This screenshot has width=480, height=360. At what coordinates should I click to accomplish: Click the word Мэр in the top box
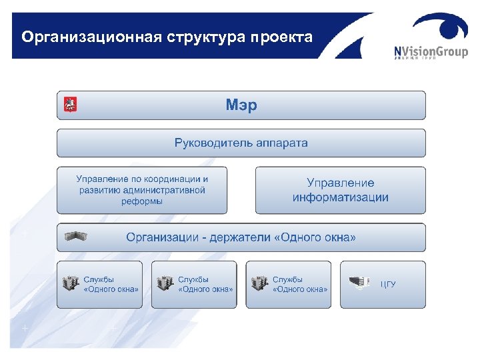[x=241, y=105]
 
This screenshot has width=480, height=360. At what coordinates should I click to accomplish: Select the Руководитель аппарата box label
[x=241, y=143]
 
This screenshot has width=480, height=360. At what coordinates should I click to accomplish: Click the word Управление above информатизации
[x=340, y=183]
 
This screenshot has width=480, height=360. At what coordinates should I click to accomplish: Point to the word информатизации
[x=340, y=197]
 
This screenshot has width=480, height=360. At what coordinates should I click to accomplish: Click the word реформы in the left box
[x=141, y=201]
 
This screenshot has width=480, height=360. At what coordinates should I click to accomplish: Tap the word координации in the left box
[x=167, y=179]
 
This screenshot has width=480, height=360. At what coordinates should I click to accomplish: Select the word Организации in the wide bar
[x=163, y=237]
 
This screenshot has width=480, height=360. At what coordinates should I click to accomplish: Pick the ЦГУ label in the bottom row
[x=388, y=285]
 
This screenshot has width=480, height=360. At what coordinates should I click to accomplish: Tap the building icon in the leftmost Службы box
[x=70, y=285]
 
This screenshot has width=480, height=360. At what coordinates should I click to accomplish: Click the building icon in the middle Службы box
[x=164, y=285]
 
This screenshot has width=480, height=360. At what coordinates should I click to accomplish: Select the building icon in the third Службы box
[x=259, y=285]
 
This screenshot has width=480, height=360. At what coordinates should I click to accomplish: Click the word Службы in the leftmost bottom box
[x=99, y=279]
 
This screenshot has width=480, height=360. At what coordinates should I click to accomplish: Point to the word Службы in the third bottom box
[x=287, y=279]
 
